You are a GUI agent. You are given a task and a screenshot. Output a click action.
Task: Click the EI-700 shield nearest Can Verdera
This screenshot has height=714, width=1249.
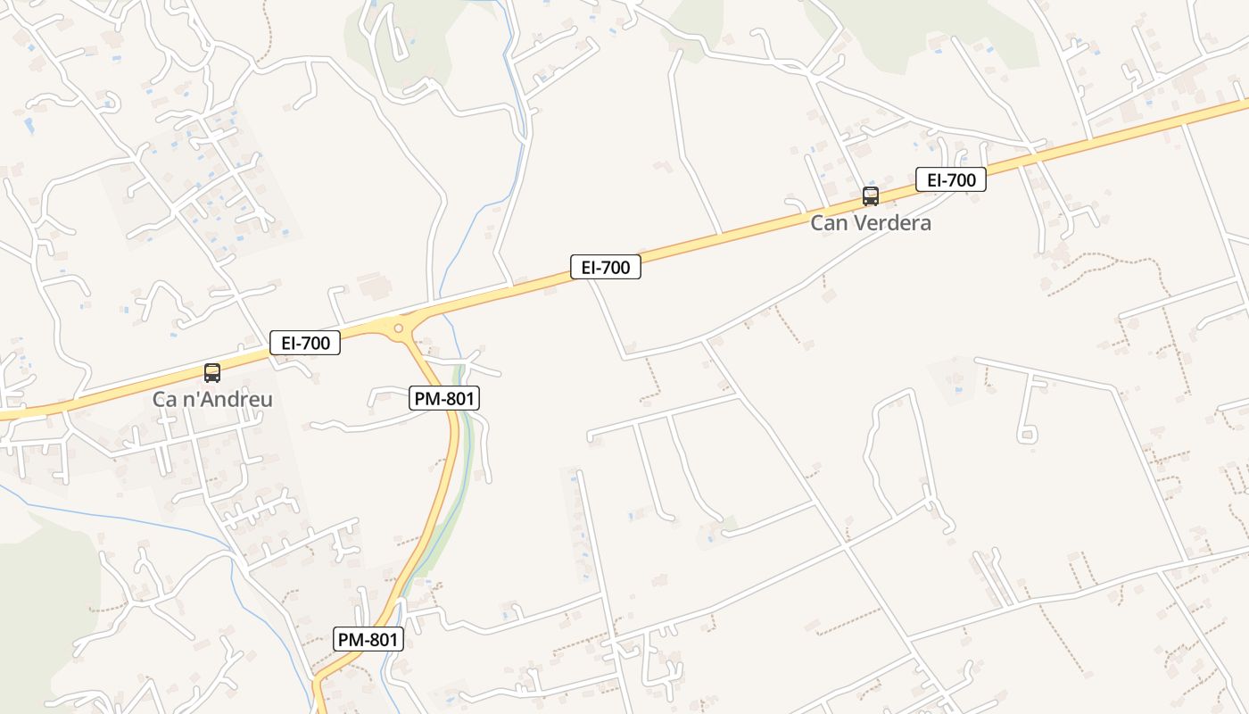(951, 179)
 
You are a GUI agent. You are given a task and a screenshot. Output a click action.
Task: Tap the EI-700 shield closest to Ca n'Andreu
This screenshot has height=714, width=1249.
(305, 342)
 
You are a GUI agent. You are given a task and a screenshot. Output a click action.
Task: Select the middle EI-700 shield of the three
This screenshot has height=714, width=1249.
(606, 266)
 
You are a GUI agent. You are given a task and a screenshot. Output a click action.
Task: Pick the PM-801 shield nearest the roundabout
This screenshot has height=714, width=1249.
(444, 398)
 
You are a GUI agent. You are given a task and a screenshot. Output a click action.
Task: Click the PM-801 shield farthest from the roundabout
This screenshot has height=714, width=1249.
(368, 639)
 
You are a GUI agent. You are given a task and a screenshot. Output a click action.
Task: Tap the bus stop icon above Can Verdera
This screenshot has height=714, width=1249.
(870, 196)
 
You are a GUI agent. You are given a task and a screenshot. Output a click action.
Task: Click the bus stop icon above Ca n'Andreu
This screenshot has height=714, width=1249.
(212, 373)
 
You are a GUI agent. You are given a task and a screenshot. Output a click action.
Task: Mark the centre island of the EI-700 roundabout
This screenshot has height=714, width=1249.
(398, 328)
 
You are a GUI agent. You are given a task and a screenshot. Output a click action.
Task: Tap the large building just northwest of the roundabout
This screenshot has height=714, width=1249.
(375, 286)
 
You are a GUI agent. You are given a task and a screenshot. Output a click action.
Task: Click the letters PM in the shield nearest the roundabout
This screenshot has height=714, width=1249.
(429, 398)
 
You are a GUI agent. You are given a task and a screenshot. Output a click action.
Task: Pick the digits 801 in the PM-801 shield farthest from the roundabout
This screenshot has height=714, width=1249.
(382, 639)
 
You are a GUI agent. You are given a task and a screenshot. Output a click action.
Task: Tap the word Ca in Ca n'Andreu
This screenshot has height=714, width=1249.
(163, 399)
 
